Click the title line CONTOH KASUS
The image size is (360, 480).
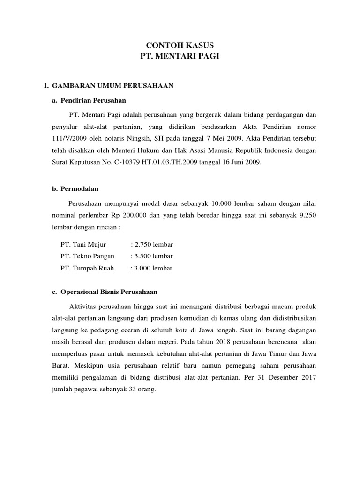click(180, 45)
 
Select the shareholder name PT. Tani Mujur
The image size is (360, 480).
click(83, 245)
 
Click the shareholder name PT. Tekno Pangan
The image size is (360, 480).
click(88, 256)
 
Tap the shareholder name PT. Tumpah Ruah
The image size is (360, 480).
click(87, 269)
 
